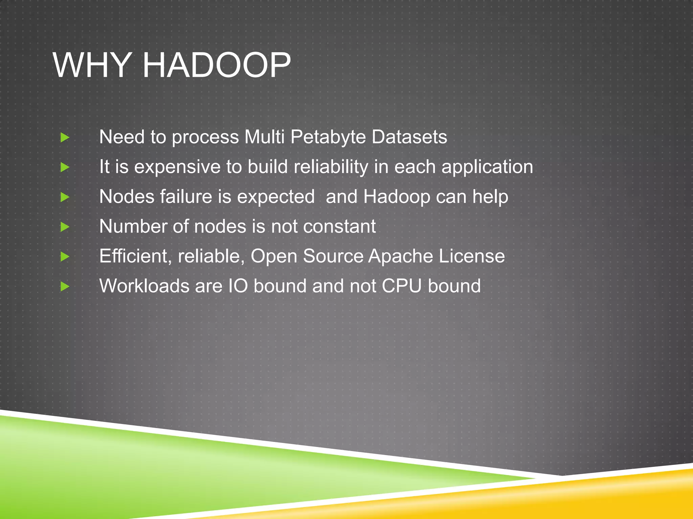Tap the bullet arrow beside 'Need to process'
pyautogui.click(x=65, y=138)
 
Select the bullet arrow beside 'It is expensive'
pyautogui.click(x=65, y=167)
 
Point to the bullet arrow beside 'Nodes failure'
pyautogui.click(x=65, y=197)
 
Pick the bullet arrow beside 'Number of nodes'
pyautogui.click(x=65, y=227)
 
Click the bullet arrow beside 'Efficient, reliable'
pyautogui.click(x=65, y=257)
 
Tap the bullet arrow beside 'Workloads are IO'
pyautogui.click(x=65, y=287)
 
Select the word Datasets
pyautogui.click(x=409, y=137)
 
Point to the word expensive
pyautogui.click(x=177, y=168)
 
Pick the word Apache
pyautogui.click(x=401, y=257)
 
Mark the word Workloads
pyautogui.click(x=144, y=286)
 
